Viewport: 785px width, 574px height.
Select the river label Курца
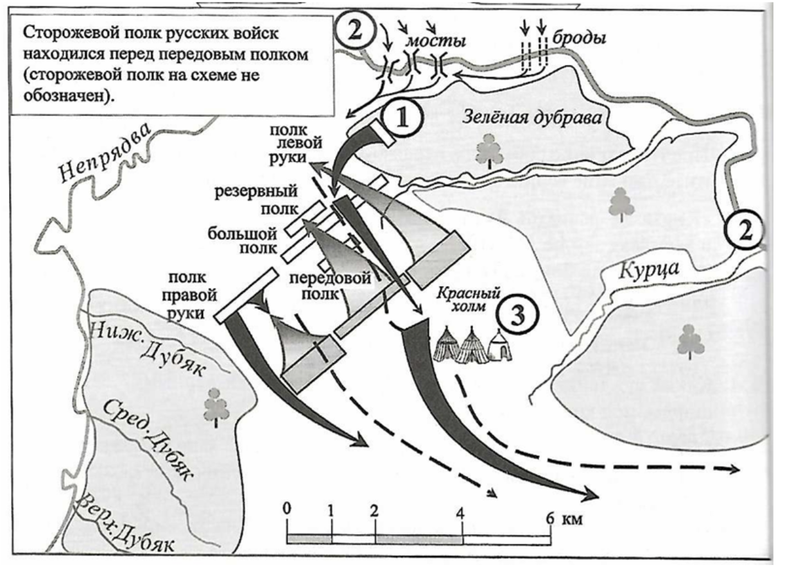(x=650, y=270)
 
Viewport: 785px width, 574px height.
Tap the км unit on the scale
(x=571, y=516)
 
